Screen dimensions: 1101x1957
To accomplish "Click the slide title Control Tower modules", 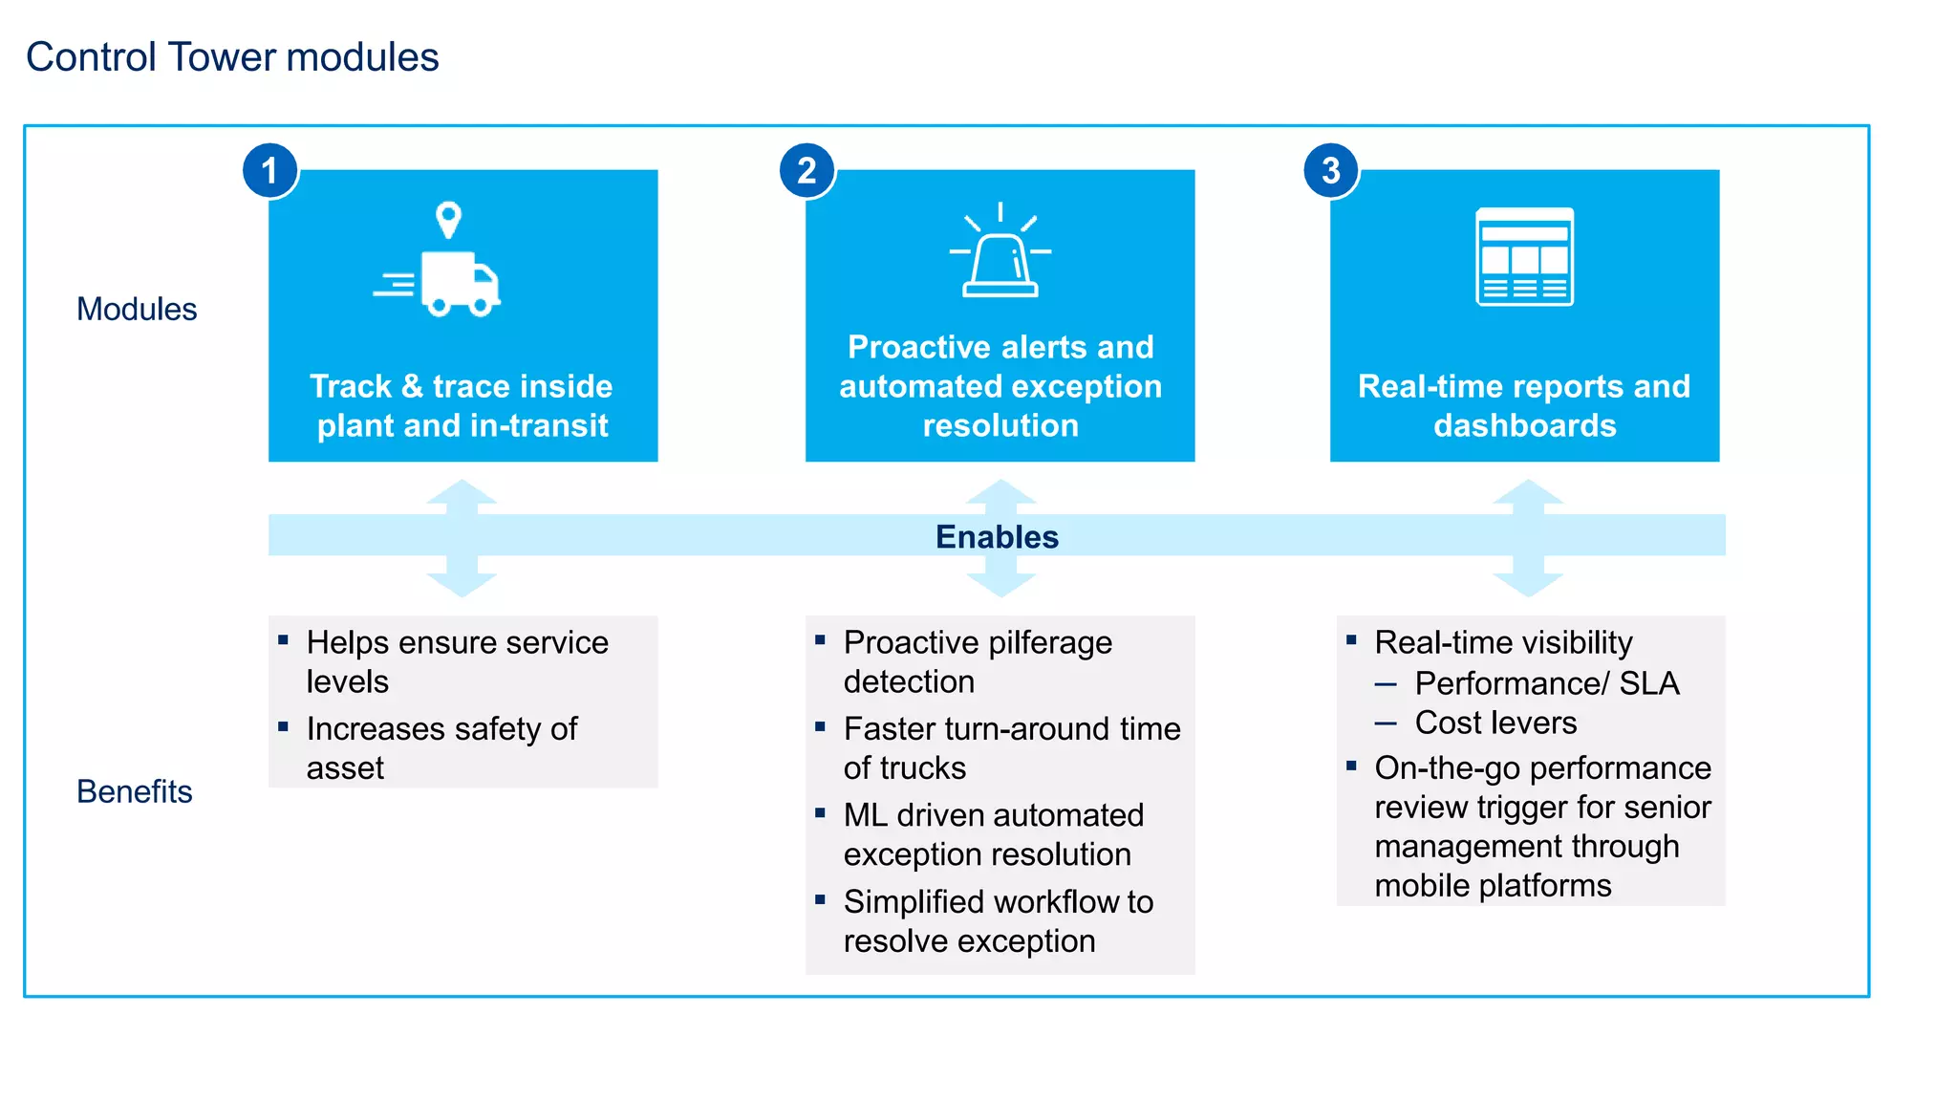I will [x=232, y=57].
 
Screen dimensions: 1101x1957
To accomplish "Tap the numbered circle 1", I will [x=270, y=171].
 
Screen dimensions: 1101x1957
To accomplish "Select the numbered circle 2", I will [x=807, y=171].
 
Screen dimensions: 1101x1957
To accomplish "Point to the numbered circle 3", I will [x=1331, y=171].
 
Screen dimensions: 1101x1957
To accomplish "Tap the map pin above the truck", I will [x=448, y=220].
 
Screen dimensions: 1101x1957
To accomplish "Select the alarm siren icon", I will [x=1000, y=253].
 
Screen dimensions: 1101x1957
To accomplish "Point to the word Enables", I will [x=997, y=537].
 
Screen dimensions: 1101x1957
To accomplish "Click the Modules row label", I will [x=137, y=310].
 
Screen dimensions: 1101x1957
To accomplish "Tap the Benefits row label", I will [x=135, y=792].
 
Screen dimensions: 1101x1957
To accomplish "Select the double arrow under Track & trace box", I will [x=462, y=538].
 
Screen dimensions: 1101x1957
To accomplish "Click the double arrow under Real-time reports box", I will [x=1527, y=538].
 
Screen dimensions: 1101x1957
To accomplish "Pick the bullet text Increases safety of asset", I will [x=441, y=748].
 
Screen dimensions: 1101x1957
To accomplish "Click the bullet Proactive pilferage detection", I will [x=978, y=661].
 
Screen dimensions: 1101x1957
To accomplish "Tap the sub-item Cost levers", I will [x=1495, y=723].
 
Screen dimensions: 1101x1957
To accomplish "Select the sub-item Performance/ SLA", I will [x=1546, y=683].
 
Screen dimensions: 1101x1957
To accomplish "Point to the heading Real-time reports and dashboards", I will [x=1524, y=405].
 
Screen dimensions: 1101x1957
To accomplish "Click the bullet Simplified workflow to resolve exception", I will [x=998, y=921].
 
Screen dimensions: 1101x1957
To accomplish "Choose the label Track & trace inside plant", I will [x=462, y=405].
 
